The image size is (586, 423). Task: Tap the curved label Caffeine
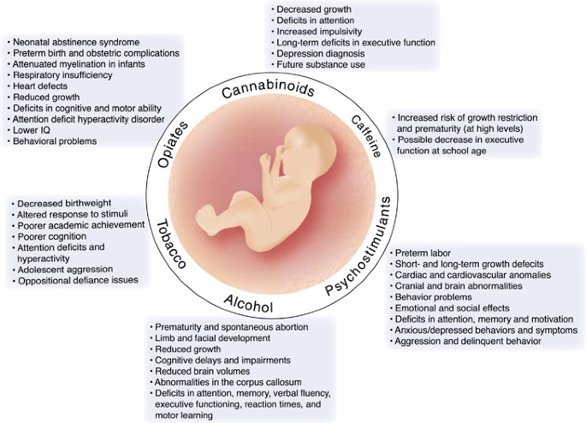367,136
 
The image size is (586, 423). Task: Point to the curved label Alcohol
249,303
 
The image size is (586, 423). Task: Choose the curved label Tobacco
171,245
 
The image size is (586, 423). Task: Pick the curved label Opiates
173,145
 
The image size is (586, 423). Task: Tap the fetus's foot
206,220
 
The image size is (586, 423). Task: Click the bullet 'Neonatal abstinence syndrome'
76,42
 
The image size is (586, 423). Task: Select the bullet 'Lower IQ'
32,130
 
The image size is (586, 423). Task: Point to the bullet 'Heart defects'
40,86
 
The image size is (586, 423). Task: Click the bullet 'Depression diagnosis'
321,53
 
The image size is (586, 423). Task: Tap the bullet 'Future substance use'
321,64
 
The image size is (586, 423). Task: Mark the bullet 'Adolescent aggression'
65,269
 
